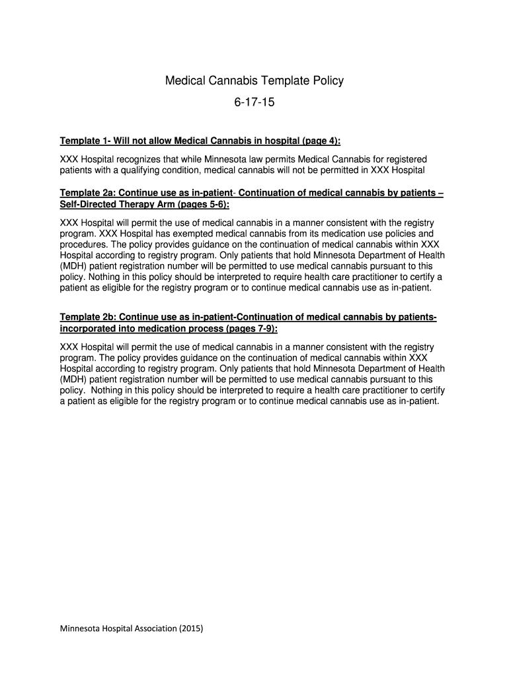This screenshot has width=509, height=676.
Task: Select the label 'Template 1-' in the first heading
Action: (x=85, y=141)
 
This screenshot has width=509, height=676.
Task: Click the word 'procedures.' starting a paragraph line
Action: (x=84, y=244)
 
